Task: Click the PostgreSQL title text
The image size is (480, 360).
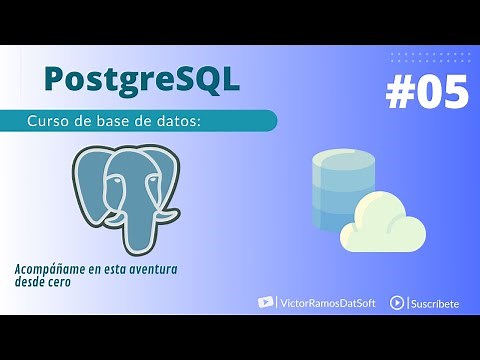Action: [x=142, y=78]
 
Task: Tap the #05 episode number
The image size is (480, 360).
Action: [x=426, y=93]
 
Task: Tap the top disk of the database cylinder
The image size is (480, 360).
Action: [x=339, y=160]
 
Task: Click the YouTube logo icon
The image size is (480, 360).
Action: [x=265, y=302]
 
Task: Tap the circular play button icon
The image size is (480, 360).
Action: [x=397, y=302]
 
